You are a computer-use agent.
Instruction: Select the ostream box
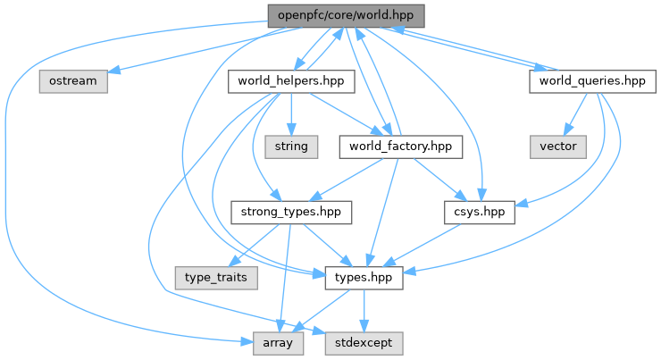(x=73, y=81)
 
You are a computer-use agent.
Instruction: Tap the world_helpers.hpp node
(x=292, y=81)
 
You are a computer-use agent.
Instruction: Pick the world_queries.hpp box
(x=587, y=81)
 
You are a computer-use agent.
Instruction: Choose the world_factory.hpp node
(x=399, y=146)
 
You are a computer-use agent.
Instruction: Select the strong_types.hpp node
(x=291, y=213)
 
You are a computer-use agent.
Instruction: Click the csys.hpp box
(x=479, y=213)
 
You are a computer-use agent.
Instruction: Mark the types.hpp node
(x=357, y=278)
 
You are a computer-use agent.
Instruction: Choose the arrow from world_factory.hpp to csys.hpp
(x=437, y=178)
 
